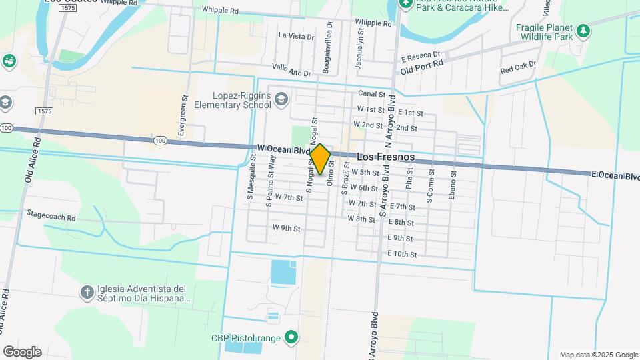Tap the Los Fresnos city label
tap(386, 157)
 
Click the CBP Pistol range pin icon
tap(291, 338)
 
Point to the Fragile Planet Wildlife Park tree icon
tap(583, 31)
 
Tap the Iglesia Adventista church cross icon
tap(87, 292)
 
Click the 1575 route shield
tap(45, 111)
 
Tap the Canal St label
tap(372, 94)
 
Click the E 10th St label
tap(402, 254)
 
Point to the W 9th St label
tap(287, 228)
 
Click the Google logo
tap(22, 351)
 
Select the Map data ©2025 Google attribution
tap(598, 355)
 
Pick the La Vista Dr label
tap(296, 36)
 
